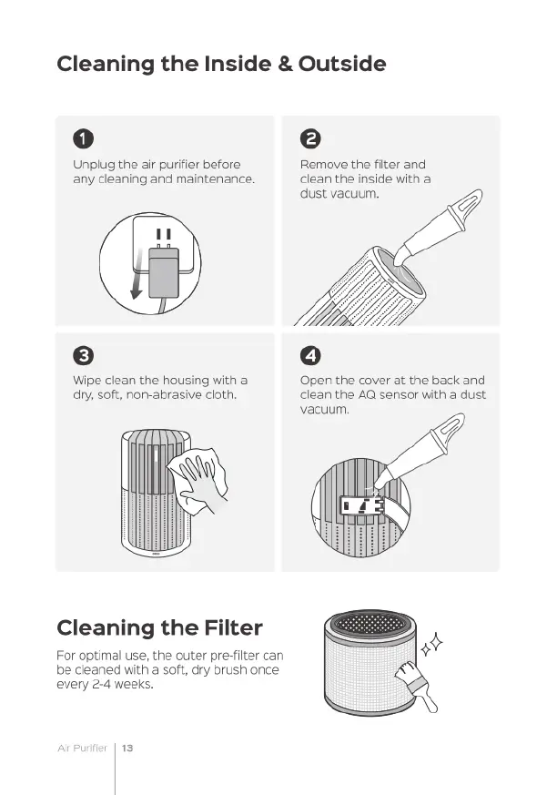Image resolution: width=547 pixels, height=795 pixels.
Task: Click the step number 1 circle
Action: tap(83, 138)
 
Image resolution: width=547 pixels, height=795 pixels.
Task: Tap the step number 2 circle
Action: tap(310, 138)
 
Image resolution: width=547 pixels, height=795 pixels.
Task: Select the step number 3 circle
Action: tap(83, 355)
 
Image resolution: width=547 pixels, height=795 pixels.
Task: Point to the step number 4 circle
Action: tap(310, 355)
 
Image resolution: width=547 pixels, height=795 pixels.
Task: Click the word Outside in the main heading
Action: tap(342, 64)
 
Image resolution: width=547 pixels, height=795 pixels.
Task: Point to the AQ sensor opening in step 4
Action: tap(361, 505)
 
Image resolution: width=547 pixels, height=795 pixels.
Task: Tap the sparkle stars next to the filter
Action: tap(431, 644)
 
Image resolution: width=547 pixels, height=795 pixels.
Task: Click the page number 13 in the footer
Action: tap(127, 748)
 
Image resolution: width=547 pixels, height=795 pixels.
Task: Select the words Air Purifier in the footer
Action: tap(83, 748)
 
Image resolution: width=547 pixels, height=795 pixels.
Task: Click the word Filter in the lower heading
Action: tap(233, 627)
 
